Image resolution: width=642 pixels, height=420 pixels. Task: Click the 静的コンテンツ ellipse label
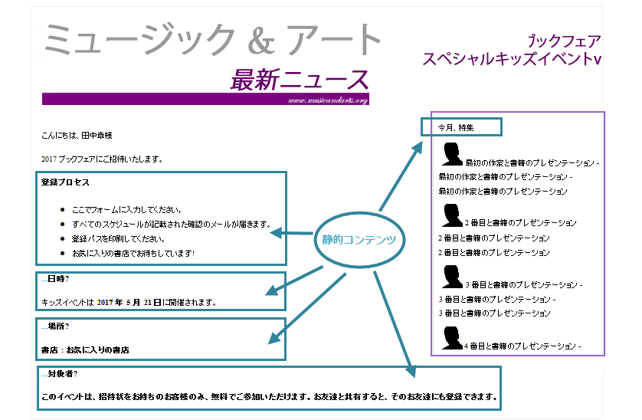click(x=359, y=239)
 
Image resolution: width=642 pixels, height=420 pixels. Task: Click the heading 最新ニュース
click(x=300, y=79)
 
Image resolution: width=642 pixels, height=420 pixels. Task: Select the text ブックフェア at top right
click(x=564, y=41)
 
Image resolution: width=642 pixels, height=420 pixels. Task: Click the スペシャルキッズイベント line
click(x=512, y=59)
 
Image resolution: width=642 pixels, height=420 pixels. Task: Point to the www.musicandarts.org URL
click(x=329, y=100)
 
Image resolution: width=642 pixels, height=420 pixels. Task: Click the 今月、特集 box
click(x=460, y=127)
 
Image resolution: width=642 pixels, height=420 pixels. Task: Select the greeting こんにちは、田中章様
click(x=77, y=136)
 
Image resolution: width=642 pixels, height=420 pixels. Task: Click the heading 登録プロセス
click(x=65, y=182)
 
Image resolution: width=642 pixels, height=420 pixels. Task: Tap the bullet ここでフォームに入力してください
click(x=127, y=209)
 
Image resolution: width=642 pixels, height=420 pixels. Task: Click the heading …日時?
click(x=55, y=279)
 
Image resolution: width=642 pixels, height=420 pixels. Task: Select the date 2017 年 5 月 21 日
click(x=129, y=302)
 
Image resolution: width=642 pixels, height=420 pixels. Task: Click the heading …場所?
click(x=55, y=326)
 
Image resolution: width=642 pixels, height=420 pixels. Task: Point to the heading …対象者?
click(x=59, y=374)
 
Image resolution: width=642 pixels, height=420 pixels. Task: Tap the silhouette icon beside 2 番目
click(x=453, y=215)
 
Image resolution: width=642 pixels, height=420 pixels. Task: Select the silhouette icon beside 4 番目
click(x=453, y=338)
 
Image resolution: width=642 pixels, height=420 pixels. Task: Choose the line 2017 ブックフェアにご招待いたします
click(x=102, y=159)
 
